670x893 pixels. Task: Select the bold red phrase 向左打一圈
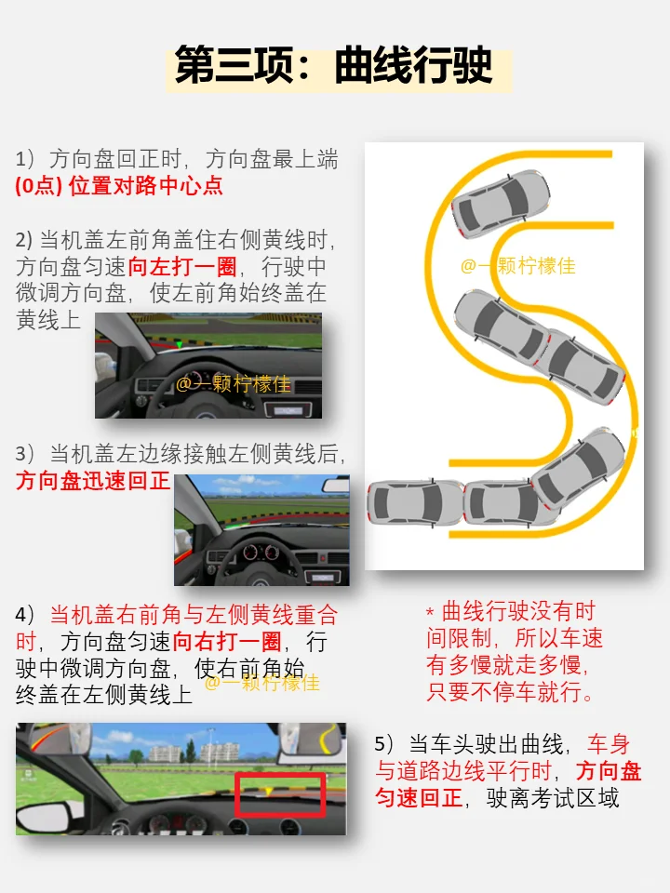(182, 267)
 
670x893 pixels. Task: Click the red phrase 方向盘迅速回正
(93, 481)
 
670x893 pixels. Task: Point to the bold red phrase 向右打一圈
(227, 642)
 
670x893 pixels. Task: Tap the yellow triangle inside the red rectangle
(268, 791)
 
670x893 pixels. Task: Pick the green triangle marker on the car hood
(180, 344)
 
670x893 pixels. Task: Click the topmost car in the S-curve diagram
(501, 203)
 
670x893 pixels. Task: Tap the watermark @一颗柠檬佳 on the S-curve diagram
(518, 265)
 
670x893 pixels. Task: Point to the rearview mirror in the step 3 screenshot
(336, 486)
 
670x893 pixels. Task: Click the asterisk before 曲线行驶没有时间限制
(430, 613)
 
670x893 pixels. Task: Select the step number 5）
(384, 744)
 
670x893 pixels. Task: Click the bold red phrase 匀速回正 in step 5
(418, 798)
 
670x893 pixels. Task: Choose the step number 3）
(26, 454)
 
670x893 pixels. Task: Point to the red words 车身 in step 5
(609, 744)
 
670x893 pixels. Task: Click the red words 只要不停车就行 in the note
(511, 691)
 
